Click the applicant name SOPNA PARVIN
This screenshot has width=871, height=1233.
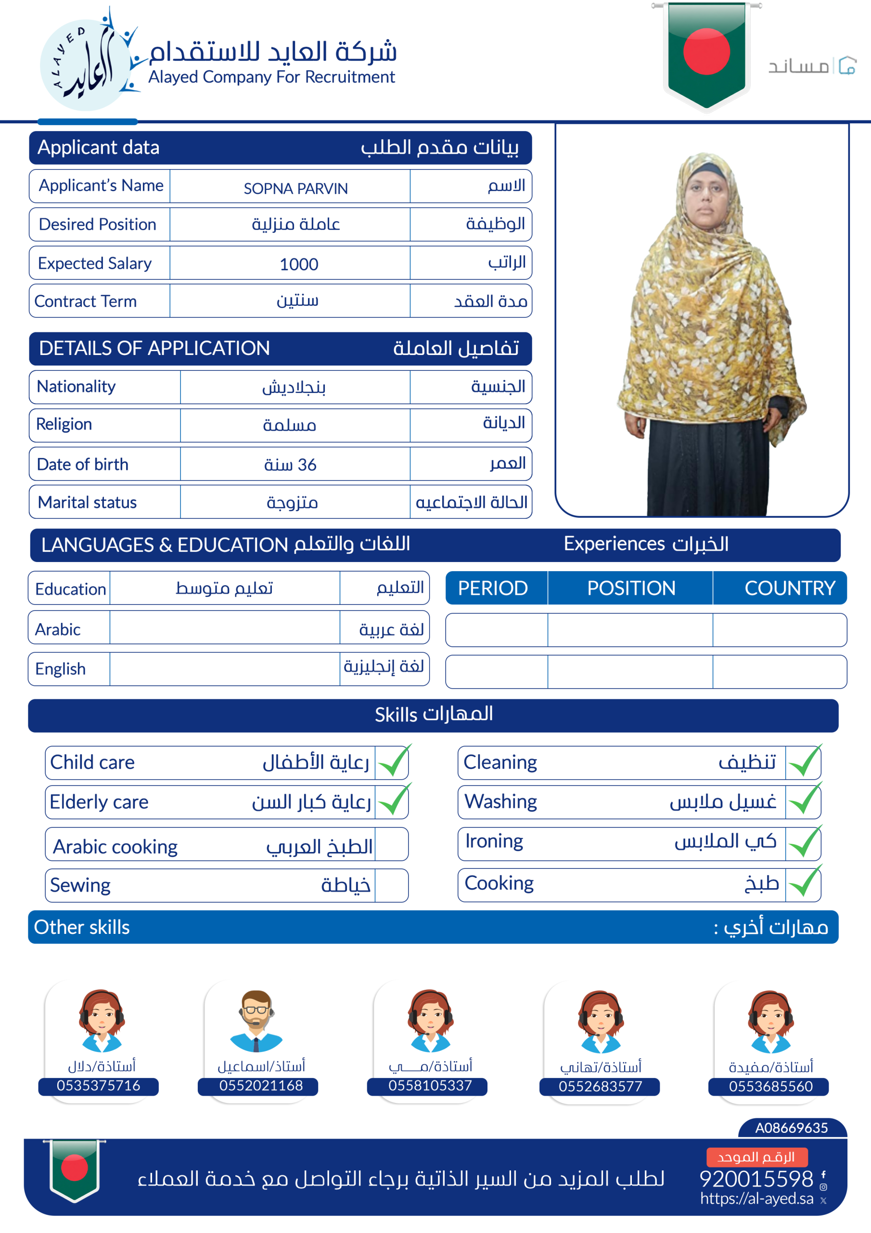pyautogui.click(x=295, y=188)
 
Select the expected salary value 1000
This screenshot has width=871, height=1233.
pyautogui.click(x=299, y=264)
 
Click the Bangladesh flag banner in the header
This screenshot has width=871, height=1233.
pyautogui.click(x=706, y=53)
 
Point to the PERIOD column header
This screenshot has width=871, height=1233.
pyautogui.click(x=493, y=588)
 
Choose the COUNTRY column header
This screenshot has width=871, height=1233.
pyautogui.click(x=789, y=588)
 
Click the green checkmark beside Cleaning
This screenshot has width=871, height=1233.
pyautogui.click(x=804, y=761)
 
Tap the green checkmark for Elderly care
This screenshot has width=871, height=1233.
pyautogui.click(x=393, y=801)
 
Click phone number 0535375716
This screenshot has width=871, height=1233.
pyautogui.click(x=98, y=1085)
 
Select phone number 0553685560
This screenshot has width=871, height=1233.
pyautogui.click(x=770, y=1087)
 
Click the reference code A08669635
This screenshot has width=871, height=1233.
pyautogui.click(x=791, y=1128)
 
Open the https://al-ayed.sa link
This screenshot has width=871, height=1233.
pyautogui.click(x=756, y=1199)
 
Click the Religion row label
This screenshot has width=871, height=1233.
pyautogui.click(x=64, y=424)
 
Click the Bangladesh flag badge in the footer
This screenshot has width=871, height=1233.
pyautogui.click(x=75, y=1169)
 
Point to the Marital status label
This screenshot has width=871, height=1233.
pyautogui.click(x=88, y=503)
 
